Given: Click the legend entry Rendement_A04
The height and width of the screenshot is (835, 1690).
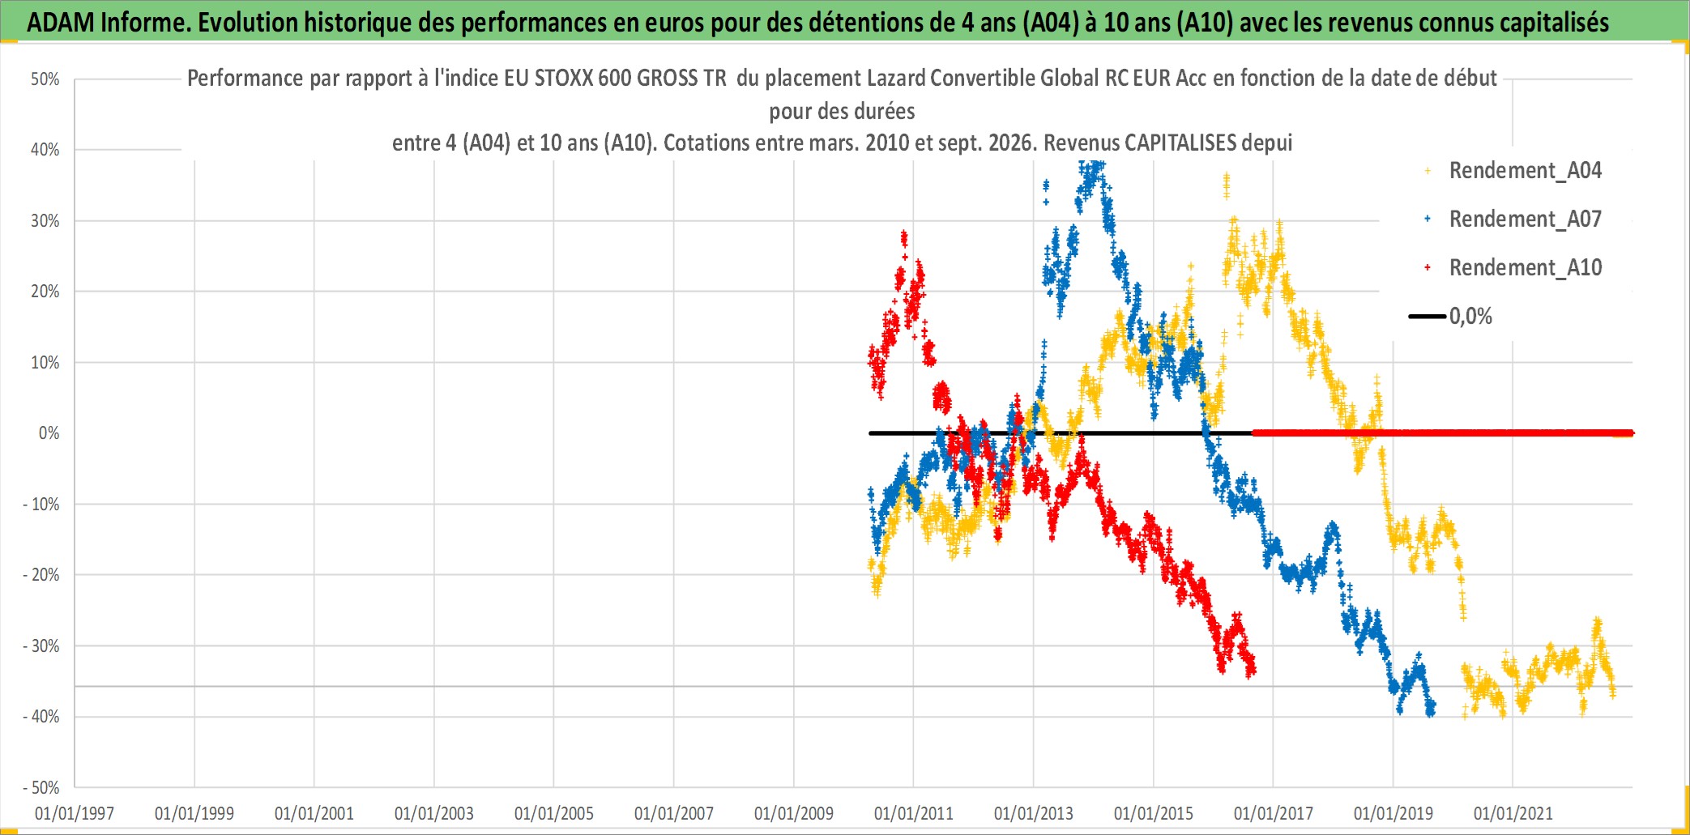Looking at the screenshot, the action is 1513,170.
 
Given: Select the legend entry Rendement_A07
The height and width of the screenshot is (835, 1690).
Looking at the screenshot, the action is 1513,219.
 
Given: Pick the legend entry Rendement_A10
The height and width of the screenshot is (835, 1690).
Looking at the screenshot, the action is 1513,267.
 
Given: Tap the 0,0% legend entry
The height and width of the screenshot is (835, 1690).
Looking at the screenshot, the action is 1450,316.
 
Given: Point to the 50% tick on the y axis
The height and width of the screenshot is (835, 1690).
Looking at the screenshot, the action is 45,79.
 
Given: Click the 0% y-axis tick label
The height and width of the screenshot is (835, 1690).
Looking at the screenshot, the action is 49,433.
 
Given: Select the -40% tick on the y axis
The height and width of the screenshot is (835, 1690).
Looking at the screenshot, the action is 41,717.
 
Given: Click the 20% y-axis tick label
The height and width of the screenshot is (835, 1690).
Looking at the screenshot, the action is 45,292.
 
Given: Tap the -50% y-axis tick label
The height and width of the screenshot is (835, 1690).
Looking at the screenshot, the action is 41,787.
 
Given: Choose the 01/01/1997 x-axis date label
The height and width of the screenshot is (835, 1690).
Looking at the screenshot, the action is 75,813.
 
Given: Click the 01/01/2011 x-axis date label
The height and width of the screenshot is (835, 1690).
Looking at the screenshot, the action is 914,813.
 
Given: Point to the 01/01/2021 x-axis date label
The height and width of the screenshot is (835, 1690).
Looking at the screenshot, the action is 1513,813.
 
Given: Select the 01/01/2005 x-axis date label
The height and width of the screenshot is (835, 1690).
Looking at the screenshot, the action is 554,813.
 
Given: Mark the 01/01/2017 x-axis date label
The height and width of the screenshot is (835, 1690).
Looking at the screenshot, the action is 1274,813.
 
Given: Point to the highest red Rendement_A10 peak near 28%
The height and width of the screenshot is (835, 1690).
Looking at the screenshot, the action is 904,236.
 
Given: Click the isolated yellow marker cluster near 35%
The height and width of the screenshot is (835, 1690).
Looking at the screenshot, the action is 1226,185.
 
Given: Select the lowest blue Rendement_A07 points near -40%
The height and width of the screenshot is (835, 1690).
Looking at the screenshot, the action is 1430,709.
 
